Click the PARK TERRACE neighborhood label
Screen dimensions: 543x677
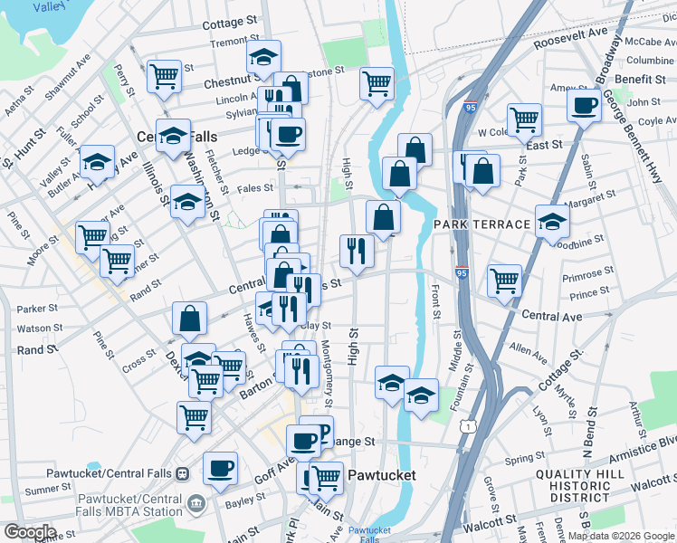click(480, 224)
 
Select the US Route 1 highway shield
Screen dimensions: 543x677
click(467, 424)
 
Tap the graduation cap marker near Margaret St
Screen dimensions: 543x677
click(552, 220)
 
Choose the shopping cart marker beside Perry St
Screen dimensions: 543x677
click(164, 75)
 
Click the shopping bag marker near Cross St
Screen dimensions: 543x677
click(190, 318)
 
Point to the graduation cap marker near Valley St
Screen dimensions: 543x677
click(97, 161)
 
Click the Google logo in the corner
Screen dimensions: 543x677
click(29, 532)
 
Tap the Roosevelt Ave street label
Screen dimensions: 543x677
click(569, 38)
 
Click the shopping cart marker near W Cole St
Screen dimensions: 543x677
click(524, 119)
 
